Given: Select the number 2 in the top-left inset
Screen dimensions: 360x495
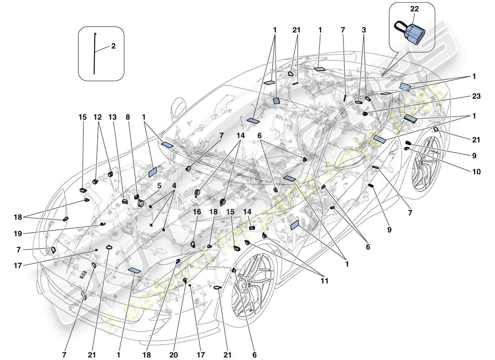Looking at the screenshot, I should tap(113, 45).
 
